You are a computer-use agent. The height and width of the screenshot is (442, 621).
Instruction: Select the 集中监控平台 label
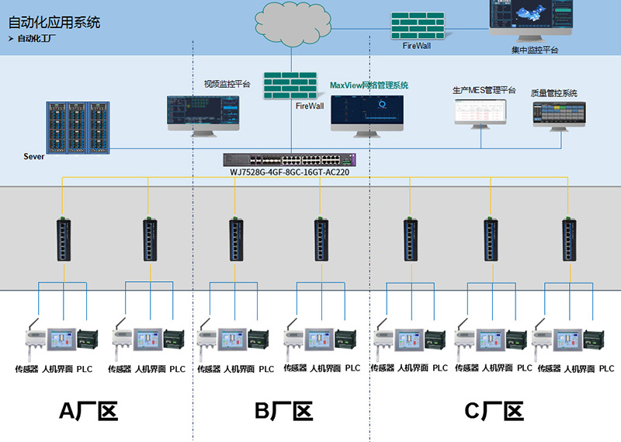click(x=535, y=50)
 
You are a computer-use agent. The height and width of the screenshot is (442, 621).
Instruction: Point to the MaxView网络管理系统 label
click(x=369, y=85)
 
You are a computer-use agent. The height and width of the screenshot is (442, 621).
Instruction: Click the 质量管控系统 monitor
click(x=557, y=115)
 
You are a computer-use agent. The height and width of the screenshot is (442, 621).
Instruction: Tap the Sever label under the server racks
click(x=34, y=156)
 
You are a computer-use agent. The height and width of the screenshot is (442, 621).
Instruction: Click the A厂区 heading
click(x=88, y=411)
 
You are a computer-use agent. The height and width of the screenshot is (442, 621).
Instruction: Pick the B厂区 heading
click(x=283, y=411)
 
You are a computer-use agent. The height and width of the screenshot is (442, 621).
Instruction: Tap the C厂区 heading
click(x=493, y=411)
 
